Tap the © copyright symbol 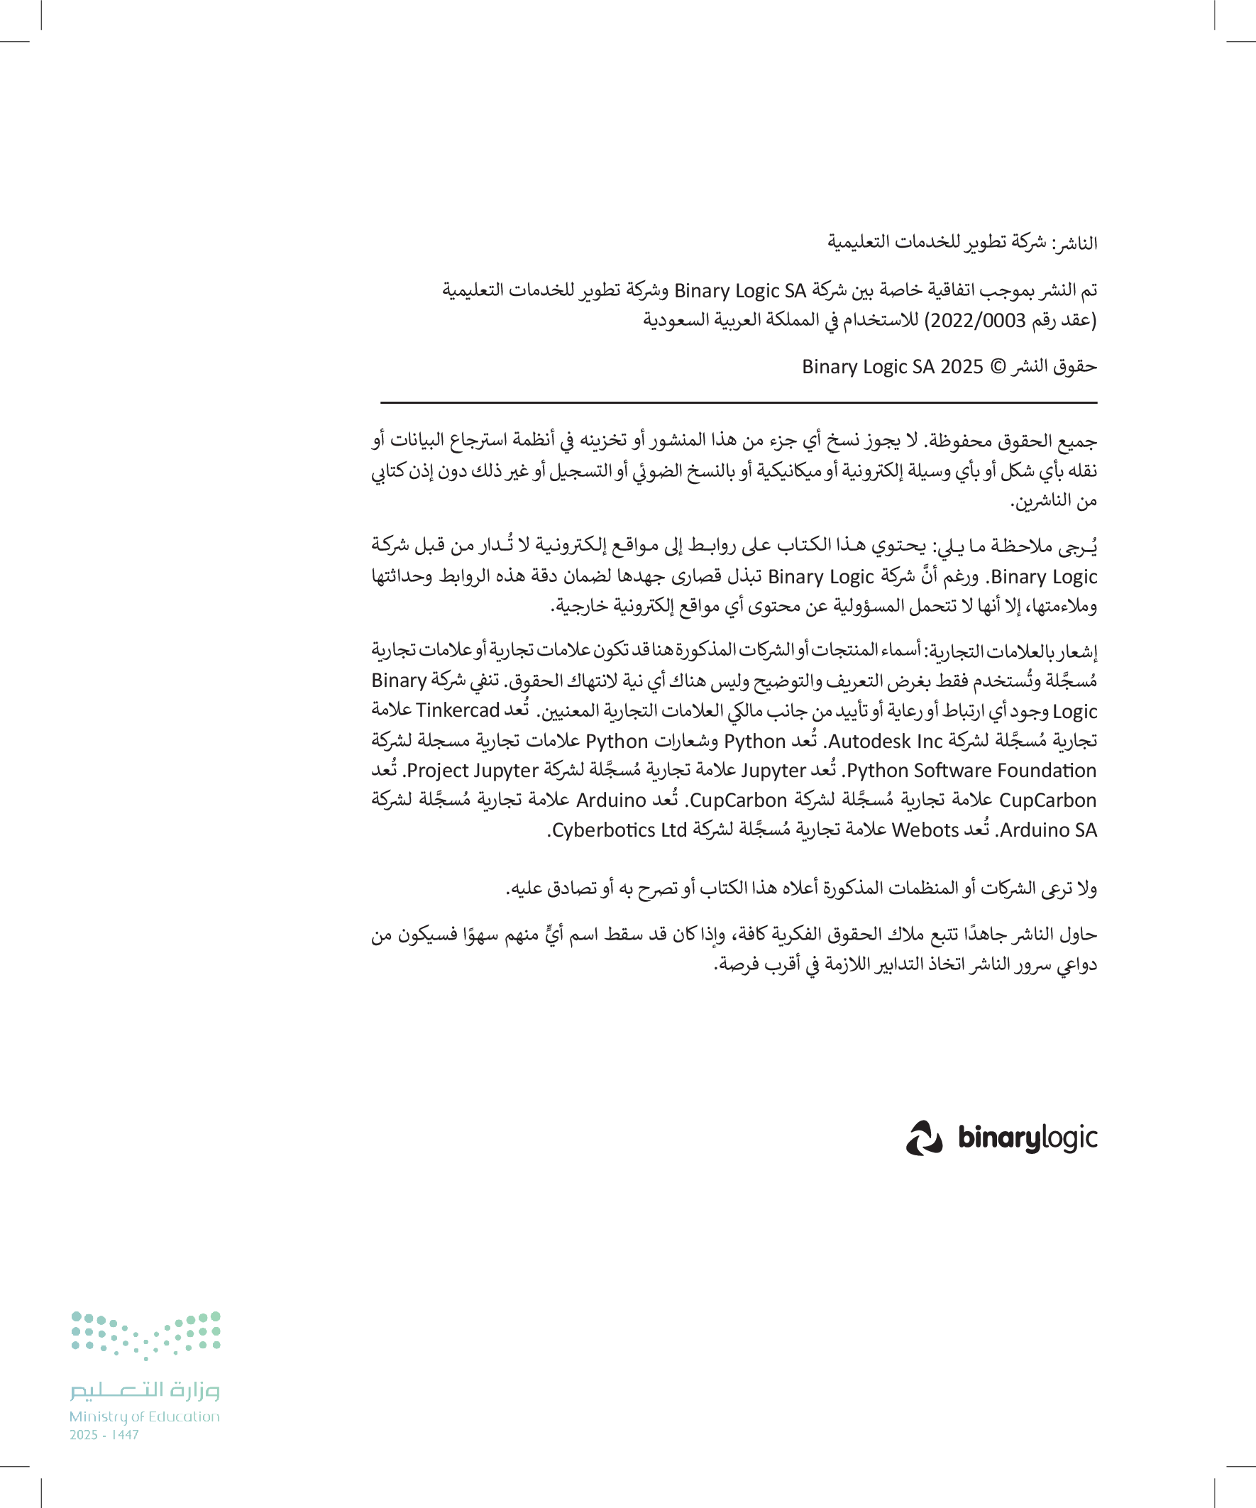(998, 367)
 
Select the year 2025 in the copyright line (961, 367)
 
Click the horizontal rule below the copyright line (738, 402)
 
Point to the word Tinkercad (458, 710)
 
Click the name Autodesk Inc (885, 740)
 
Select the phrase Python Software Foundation (971, 771)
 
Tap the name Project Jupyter (473, 771)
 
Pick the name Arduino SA (1049, 830)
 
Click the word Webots (925, 830)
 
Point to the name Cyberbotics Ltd (619, 830)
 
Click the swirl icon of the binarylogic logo (923, 1138)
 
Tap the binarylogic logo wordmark (1027, 1138)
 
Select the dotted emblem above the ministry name (145, 1336)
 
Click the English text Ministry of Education (144, 1416)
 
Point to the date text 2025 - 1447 (104, 1435)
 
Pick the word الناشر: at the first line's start (1074, 243)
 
